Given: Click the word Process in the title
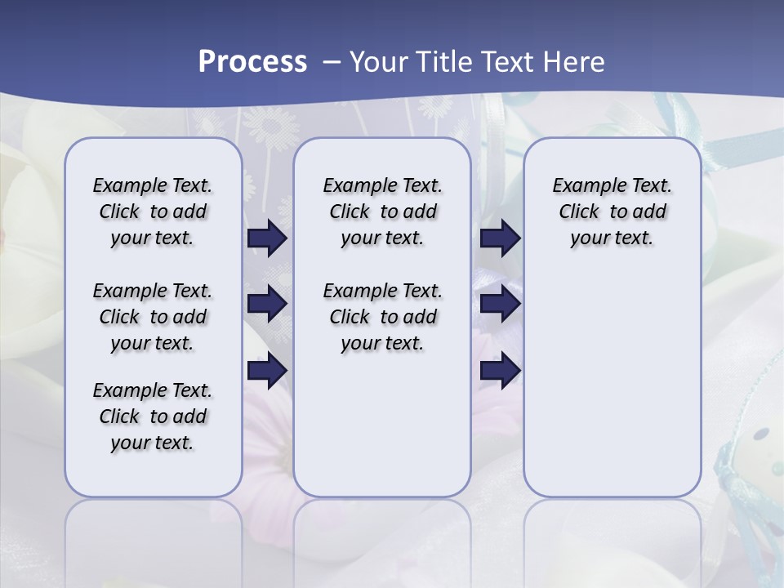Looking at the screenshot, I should click(x=252, y=62).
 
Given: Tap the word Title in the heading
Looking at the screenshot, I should click(x=444, y=62).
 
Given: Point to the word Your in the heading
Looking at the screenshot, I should click(x=379, y=62).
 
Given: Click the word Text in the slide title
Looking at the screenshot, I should click(x=506, y=62).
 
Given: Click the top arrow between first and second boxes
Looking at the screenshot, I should click(x=267, y=238).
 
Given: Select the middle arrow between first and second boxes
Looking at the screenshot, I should click(x=267, y=304).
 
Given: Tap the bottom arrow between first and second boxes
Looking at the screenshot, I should click(x=267, y=371).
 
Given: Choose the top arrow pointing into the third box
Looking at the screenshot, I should click(x=500, y=238).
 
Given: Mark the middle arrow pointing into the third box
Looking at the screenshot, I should click(x=500, y=304).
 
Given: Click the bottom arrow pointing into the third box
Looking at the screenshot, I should click(x=500, y=371).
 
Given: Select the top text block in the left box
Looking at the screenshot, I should click(x=153, y=212).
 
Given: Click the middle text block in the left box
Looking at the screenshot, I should click(x=153, y=317).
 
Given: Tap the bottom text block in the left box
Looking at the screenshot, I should click(x=153, y=416).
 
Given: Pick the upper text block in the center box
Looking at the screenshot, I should click(x=382, y=212).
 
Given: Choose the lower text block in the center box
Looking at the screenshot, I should click(x=382, y=317).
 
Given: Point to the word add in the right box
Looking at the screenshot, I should click(x=650, y=212).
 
